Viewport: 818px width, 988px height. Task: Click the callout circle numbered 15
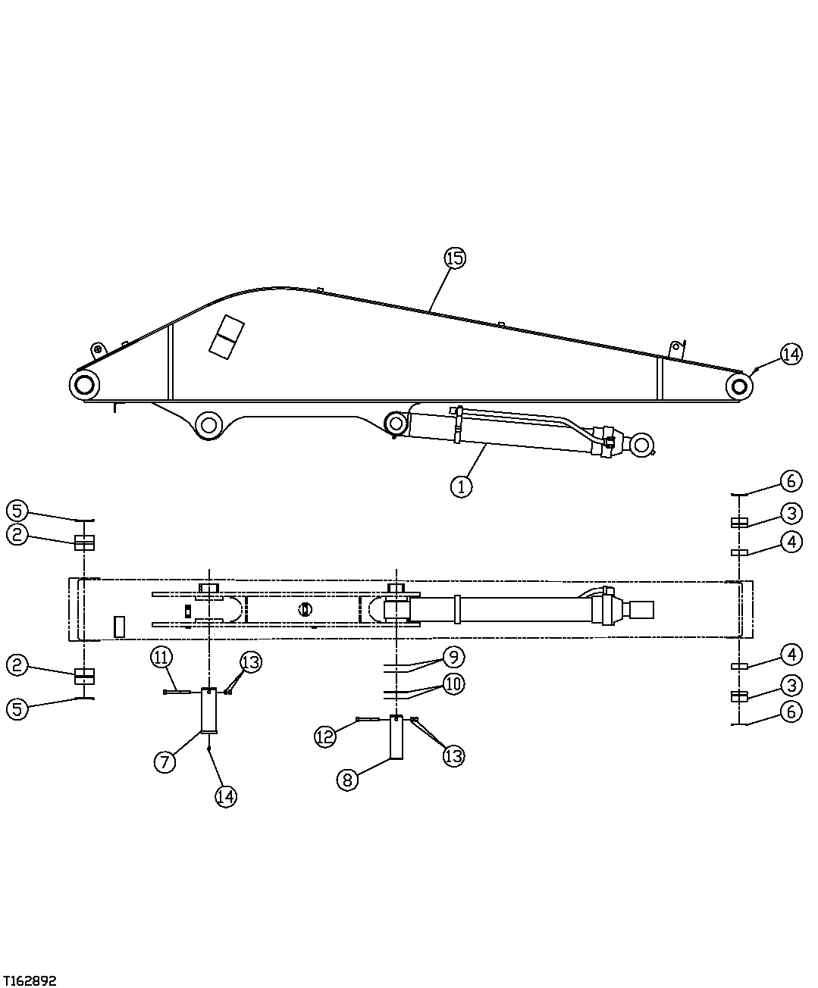[x=454, y=258]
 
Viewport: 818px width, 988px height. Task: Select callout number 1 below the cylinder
[x=461, y=486]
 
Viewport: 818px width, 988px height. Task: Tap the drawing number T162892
[x=30, y=980]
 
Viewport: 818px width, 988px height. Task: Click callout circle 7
[x=165, y=761]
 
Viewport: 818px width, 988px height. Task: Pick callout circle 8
[x=346, y=780]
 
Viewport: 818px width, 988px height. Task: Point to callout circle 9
[x=453, y=656]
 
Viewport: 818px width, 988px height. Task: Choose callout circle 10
[x=453, y=684]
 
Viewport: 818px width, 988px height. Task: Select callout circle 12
[x=325, y=736]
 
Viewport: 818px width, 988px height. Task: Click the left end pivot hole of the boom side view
[x=83, y=385]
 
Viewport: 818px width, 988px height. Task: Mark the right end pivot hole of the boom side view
[x=738, y=386]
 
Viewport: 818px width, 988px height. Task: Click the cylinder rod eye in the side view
[x=642, y=446]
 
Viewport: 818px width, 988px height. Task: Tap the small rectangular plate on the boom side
[x=226, y=337]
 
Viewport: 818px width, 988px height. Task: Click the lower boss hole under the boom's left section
[x=208, y=423]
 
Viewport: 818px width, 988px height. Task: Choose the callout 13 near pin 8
[x=453, y=755]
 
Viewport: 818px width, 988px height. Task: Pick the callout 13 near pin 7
[x=251, y=661]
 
